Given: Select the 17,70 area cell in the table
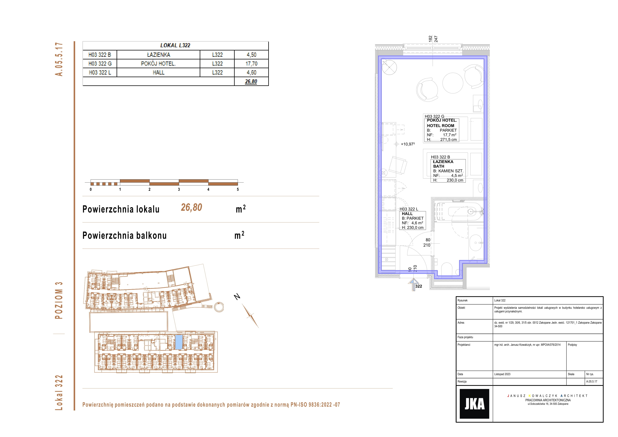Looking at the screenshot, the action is pyautogui.click(x=251, y=64).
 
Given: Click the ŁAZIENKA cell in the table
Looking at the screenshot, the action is pyautogui.click(x=159, y=55).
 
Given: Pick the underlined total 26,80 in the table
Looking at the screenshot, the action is pyautogui.click(x=251, y=81).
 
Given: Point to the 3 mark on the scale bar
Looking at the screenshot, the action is pyautogui.click(x=179, y=189).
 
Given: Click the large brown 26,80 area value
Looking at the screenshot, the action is pyautogui.click(x=191, y=207).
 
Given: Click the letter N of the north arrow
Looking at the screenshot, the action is pyautogui.click(x=237, y=297).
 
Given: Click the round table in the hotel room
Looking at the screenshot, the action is pyautogui.click(x=453, y=83).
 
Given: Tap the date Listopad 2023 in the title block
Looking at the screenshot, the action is pyautogui.click(x=502, y=374).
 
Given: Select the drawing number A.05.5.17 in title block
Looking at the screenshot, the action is pyautogui.click(x=592, y=381).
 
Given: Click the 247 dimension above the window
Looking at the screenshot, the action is pyautogui.click(x=436, y=39).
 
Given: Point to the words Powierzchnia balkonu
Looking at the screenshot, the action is pyautogui.click(x=125, y=235).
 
